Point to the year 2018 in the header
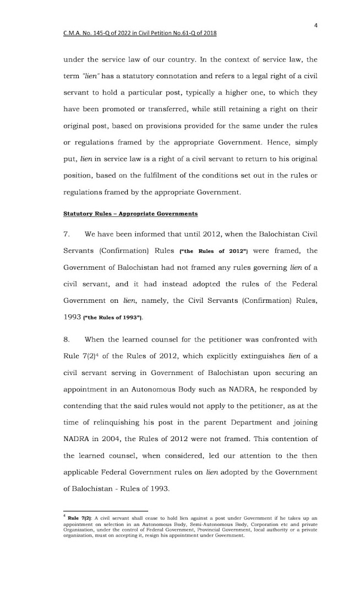tap(207, 33)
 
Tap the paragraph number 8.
tap(67, 341)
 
